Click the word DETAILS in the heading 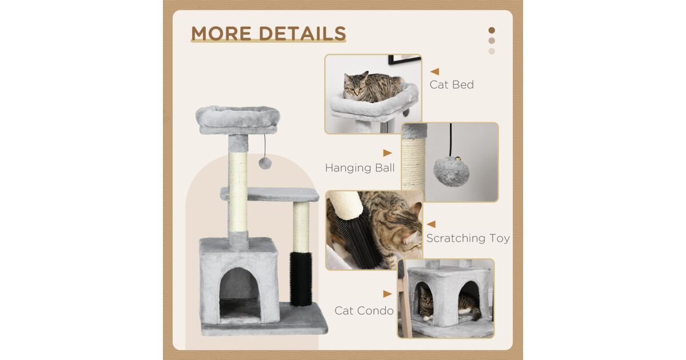303,33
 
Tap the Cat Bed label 452,85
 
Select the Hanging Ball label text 360,168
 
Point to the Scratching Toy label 468,238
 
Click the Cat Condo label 364,311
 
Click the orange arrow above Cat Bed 434,71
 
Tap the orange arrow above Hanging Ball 388,153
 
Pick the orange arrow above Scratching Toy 431,224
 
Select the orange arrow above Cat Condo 388,294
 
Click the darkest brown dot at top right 492,30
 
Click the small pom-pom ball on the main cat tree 265,163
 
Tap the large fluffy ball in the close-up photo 452,171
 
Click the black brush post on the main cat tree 301,279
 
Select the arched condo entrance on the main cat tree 240,295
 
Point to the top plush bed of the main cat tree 238,119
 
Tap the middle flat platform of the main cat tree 269,194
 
